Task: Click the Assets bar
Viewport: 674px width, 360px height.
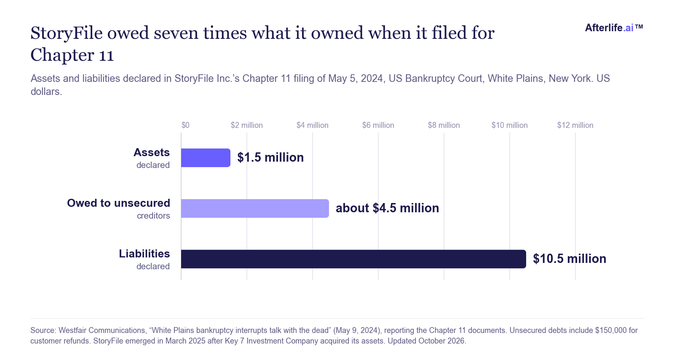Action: tap(206, 158)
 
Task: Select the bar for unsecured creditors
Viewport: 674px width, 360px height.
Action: tap(255, 208)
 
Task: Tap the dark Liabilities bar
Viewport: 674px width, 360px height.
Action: tap(353, 259)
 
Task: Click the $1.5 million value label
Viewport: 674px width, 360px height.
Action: tap(270, 157)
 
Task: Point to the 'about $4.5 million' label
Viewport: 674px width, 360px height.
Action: tap(387, 208)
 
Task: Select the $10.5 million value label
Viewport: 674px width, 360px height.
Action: tap(570, 259)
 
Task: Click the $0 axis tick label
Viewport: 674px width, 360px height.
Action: tap(185, 125)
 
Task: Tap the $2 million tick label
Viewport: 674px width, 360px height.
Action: tap(247, 125)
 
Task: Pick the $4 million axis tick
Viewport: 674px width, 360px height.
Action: tap(312, 125)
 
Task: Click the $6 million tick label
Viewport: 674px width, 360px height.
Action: tap(378, 125)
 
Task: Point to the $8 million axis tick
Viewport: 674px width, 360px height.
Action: tap(444, 125)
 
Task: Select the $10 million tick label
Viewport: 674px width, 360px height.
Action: tap(510, 125)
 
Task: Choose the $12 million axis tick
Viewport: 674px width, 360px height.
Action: tap(575, 125)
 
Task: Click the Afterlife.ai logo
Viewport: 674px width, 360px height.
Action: tap(614, 28)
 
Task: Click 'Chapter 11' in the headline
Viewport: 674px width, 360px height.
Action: tap(72, 55)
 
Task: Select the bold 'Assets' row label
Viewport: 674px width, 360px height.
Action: tap(152, 152)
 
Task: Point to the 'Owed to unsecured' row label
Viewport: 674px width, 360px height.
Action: tap(118, 203)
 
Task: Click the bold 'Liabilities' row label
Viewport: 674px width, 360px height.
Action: tap(144, 254)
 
